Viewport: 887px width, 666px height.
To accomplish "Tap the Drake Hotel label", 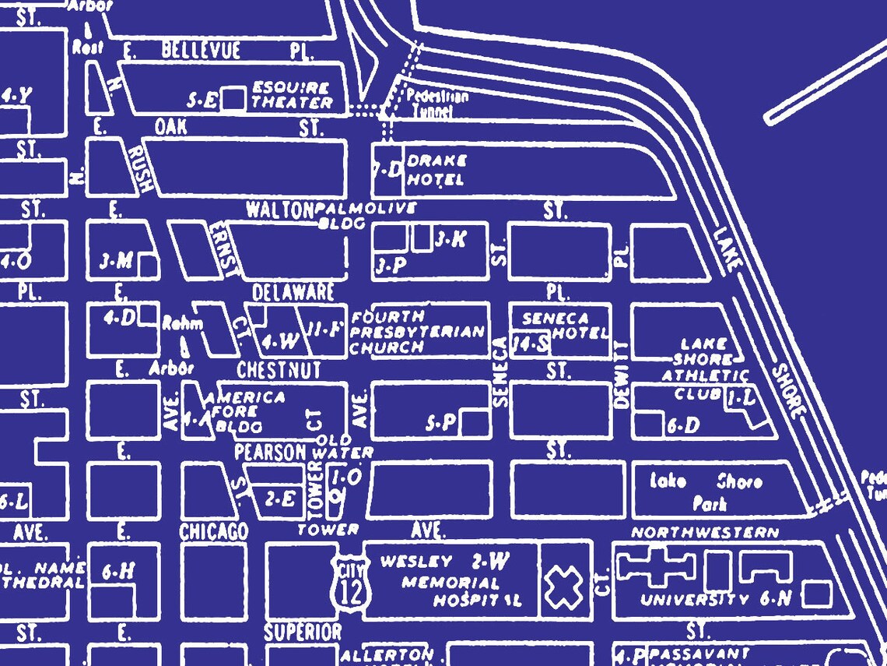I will click(436, 171).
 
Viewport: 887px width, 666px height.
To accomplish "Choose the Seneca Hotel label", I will click(566, 326).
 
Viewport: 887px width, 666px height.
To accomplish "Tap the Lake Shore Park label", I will click(705, 492).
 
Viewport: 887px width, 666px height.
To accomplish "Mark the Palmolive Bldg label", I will click(366, 214).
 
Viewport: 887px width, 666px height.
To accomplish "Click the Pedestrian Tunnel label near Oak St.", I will click(437, 104).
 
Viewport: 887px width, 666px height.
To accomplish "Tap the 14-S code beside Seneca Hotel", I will click(532, 344).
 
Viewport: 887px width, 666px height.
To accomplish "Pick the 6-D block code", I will click(683, 425).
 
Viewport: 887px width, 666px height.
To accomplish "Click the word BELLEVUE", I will click(202, 51).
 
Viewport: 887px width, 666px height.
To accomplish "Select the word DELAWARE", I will click(293, 293).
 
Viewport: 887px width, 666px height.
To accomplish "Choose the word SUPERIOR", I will click(303, 632).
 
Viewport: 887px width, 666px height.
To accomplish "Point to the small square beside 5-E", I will click(232, 99).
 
